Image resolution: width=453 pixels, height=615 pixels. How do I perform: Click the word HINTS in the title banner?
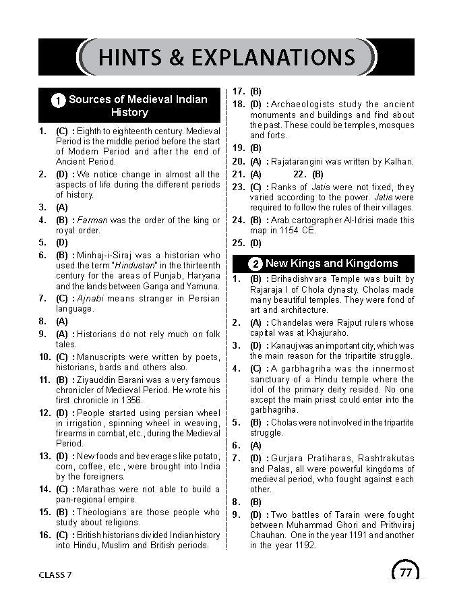[132, 57]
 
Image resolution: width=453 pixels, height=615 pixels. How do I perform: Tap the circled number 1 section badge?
[58, 100]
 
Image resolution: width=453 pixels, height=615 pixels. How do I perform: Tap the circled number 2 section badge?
[255, 264]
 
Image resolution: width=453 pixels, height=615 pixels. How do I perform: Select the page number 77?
[405, 573]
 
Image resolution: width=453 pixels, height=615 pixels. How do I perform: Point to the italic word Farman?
[92, 221]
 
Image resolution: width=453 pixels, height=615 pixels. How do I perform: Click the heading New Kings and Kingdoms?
[332, 263]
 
